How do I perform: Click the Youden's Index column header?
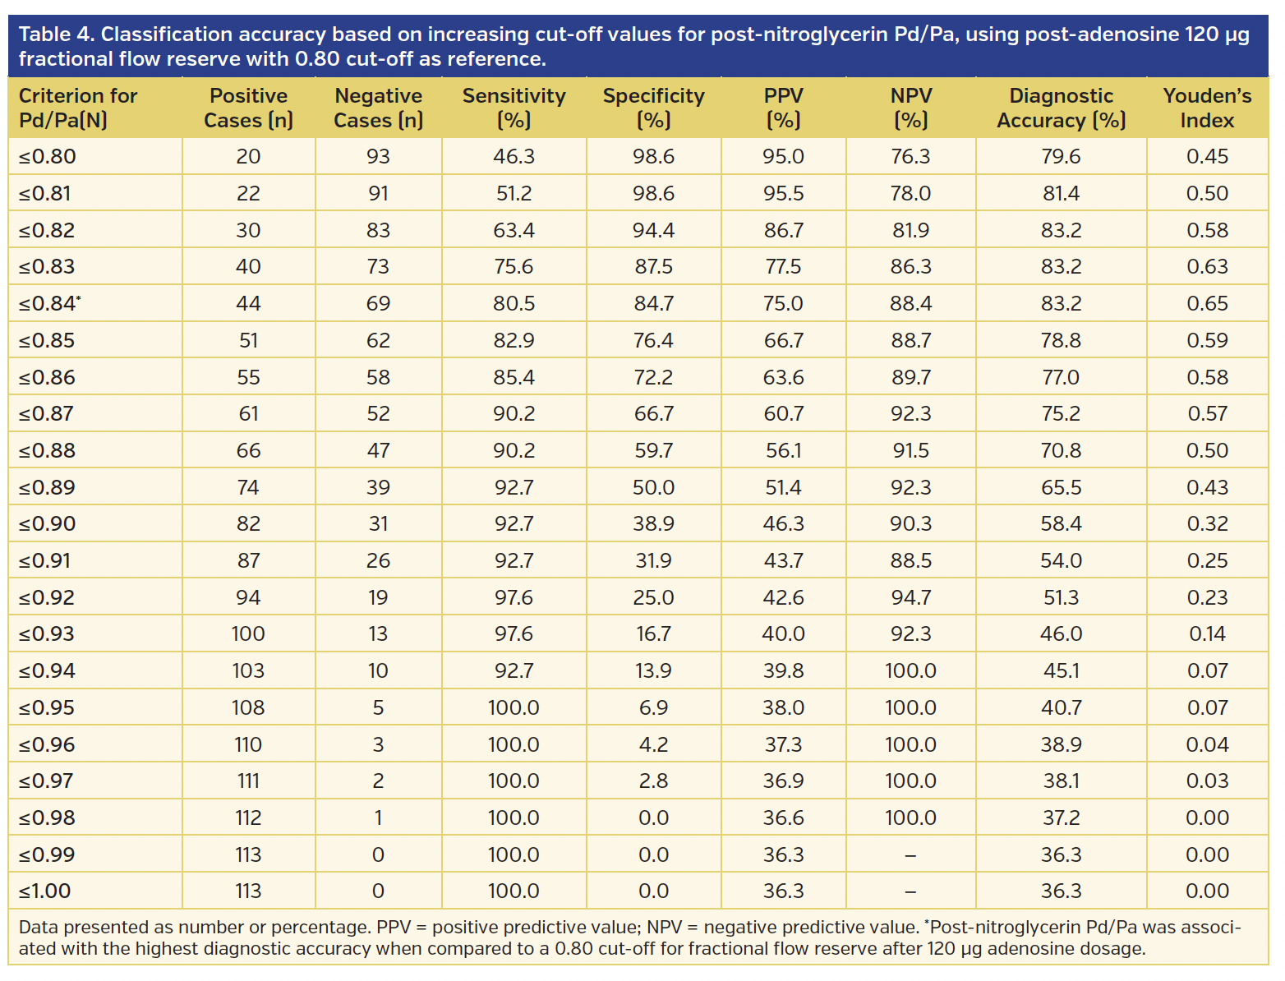click(1207, 108)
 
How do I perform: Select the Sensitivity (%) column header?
click(514, 108)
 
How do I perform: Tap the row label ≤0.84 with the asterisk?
click(50, 303)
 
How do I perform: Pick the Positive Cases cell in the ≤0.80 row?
click(248, 156)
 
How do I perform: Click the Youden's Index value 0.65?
click(1207, 303)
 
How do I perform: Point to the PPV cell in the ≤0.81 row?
click(783, 193)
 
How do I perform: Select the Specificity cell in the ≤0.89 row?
click(653, 487)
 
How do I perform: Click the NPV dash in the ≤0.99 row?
click(910, 854)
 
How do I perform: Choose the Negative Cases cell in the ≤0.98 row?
click(378, 817)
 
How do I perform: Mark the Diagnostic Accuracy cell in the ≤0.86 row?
click(1061, 377)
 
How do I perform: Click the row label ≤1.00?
click(45, 891)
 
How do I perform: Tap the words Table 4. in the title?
click(56, 35)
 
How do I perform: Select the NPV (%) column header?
click(910, 108)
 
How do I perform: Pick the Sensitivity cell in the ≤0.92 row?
click(514, 597)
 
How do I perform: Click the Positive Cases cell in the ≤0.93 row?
click(248, 633)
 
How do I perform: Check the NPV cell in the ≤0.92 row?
click(910, 597)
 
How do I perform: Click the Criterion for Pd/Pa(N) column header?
click(78, 108)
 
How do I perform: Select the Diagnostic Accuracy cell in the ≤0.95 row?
click(1061, 707)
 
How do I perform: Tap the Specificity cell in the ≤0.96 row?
click(653, 744)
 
